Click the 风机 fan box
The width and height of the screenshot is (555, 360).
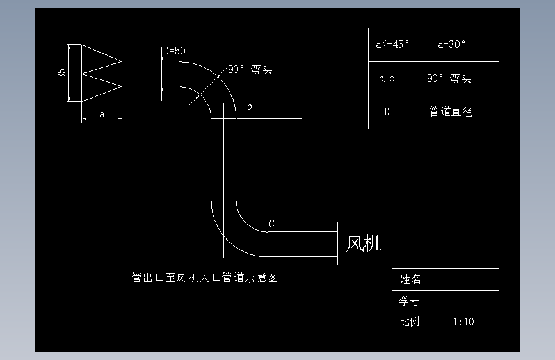[x=365, y=243]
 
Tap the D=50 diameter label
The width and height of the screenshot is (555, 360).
[x=175, y=51]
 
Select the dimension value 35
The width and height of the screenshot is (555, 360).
[x=61, y=74]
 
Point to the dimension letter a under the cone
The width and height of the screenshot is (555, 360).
[x=102, y=115]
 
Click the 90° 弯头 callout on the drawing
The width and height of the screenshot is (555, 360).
[x=250, y=69]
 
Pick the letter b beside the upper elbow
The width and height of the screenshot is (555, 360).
[x=249, y=106]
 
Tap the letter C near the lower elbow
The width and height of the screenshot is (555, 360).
[x=271, y=224]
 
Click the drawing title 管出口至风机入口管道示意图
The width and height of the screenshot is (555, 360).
[x=205, y=277]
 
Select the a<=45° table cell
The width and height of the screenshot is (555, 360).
[x=387, y=45]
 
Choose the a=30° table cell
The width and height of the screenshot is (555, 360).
[x=453, y=45]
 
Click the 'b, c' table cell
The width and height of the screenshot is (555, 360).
[x=387, y=78]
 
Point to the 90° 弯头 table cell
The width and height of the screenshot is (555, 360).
[x=453, y=78]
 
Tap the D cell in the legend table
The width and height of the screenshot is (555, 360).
[x=387, y=112]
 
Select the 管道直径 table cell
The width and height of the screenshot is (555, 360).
[x=453, y=112]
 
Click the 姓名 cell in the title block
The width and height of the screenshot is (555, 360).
[x=411, y=279]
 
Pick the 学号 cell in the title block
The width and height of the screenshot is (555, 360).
[x=411, y=302]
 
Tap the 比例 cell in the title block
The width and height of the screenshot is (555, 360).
[x=411, y=322]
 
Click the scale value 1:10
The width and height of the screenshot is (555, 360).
[x=463, y=322]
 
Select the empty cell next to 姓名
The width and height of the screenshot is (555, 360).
[x=464, y=279]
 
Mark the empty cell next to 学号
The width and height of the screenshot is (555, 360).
[x=464, y=302]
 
